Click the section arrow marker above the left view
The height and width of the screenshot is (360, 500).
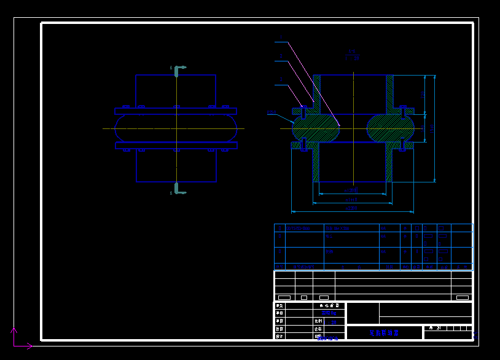tap(179, 69)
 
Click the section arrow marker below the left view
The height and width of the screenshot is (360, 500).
tap(179, 189)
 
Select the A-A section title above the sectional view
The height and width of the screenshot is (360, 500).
tap(352, 55)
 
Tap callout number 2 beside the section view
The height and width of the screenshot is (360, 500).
tap(281, 57)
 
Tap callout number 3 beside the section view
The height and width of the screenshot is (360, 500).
tap(281, 79)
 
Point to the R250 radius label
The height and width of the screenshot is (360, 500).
tap(272, 112)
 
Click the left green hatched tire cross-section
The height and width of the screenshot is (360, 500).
tap(316, 128)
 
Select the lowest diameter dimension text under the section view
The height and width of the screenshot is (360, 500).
tap(351, 208)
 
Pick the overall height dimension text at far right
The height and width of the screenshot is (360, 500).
tap(432, 129)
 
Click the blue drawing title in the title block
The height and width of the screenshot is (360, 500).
tap(384, 332)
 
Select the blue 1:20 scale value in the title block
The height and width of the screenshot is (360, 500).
tap(334, 321)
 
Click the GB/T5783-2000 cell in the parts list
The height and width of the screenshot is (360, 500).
tap(300, 228)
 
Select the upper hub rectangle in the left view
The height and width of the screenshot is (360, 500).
tap(176, 92)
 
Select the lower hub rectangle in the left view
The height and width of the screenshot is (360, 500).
tap(176, 165)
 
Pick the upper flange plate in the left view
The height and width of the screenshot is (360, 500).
tap(176, 111)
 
